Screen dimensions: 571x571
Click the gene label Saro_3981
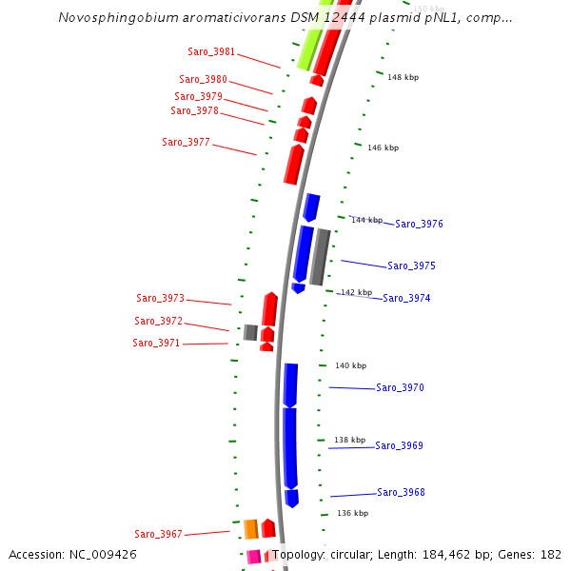click(x=211, y=51)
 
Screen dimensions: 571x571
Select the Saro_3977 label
click(x=186, y=142)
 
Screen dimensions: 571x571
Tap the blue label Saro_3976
click(x=419, y=225)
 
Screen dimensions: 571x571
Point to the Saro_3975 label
click(x=411, y=266)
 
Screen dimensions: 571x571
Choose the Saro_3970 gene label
click(x=400, y=388)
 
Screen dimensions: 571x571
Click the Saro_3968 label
click(x=401, y=493)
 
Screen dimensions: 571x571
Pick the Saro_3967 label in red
click(x=158, y=535)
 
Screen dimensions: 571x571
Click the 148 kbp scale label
click(x=403, y=77)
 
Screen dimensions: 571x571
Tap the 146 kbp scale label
click(x=383, y=148)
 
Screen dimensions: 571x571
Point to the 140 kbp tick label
click(x=350, y=365)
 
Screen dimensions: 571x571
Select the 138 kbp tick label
click(x=349, y=440)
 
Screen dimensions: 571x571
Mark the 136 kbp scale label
click(x=352, y=513)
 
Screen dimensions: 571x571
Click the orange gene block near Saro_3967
click(x=251, y=529)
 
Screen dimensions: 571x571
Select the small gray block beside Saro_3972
click(x=250, y=332)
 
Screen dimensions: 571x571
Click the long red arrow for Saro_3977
click(x=294, y=165)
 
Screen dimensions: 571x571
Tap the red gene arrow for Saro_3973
click(x=270, y=309)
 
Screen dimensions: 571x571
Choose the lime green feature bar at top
click(x=308, y=48)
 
